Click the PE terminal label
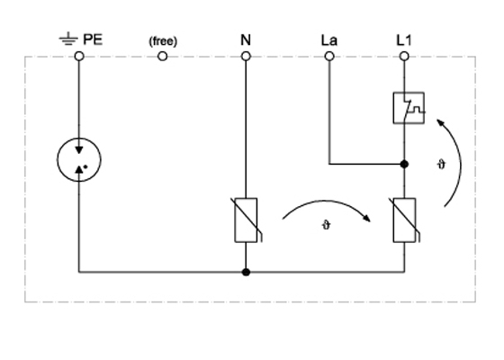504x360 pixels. click(93, 40)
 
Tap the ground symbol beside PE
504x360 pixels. click(68, 39)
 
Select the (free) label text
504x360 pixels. click(163, 41)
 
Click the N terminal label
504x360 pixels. click(246, 40)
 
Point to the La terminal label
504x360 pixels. click(329, 40)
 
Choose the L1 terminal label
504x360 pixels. click(404, 40)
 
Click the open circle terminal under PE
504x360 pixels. click(79, 57)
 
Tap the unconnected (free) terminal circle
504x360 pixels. click(163, 57)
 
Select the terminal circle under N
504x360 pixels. click(246, 57)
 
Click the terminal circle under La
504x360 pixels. click(329, 57)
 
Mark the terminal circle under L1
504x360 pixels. click(404, 57)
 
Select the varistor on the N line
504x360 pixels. click(246, 220)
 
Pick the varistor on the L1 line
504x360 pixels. click(404, 220)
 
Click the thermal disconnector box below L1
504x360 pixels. click(393, 108)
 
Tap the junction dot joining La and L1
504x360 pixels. click(404, 164)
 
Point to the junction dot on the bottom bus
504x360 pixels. click(246, 272)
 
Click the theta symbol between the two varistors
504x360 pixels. click(326, 225)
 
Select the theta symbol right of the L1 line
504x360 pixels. click(442, 165)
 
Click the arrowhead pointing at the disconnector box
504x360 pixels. click(440, 122)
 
